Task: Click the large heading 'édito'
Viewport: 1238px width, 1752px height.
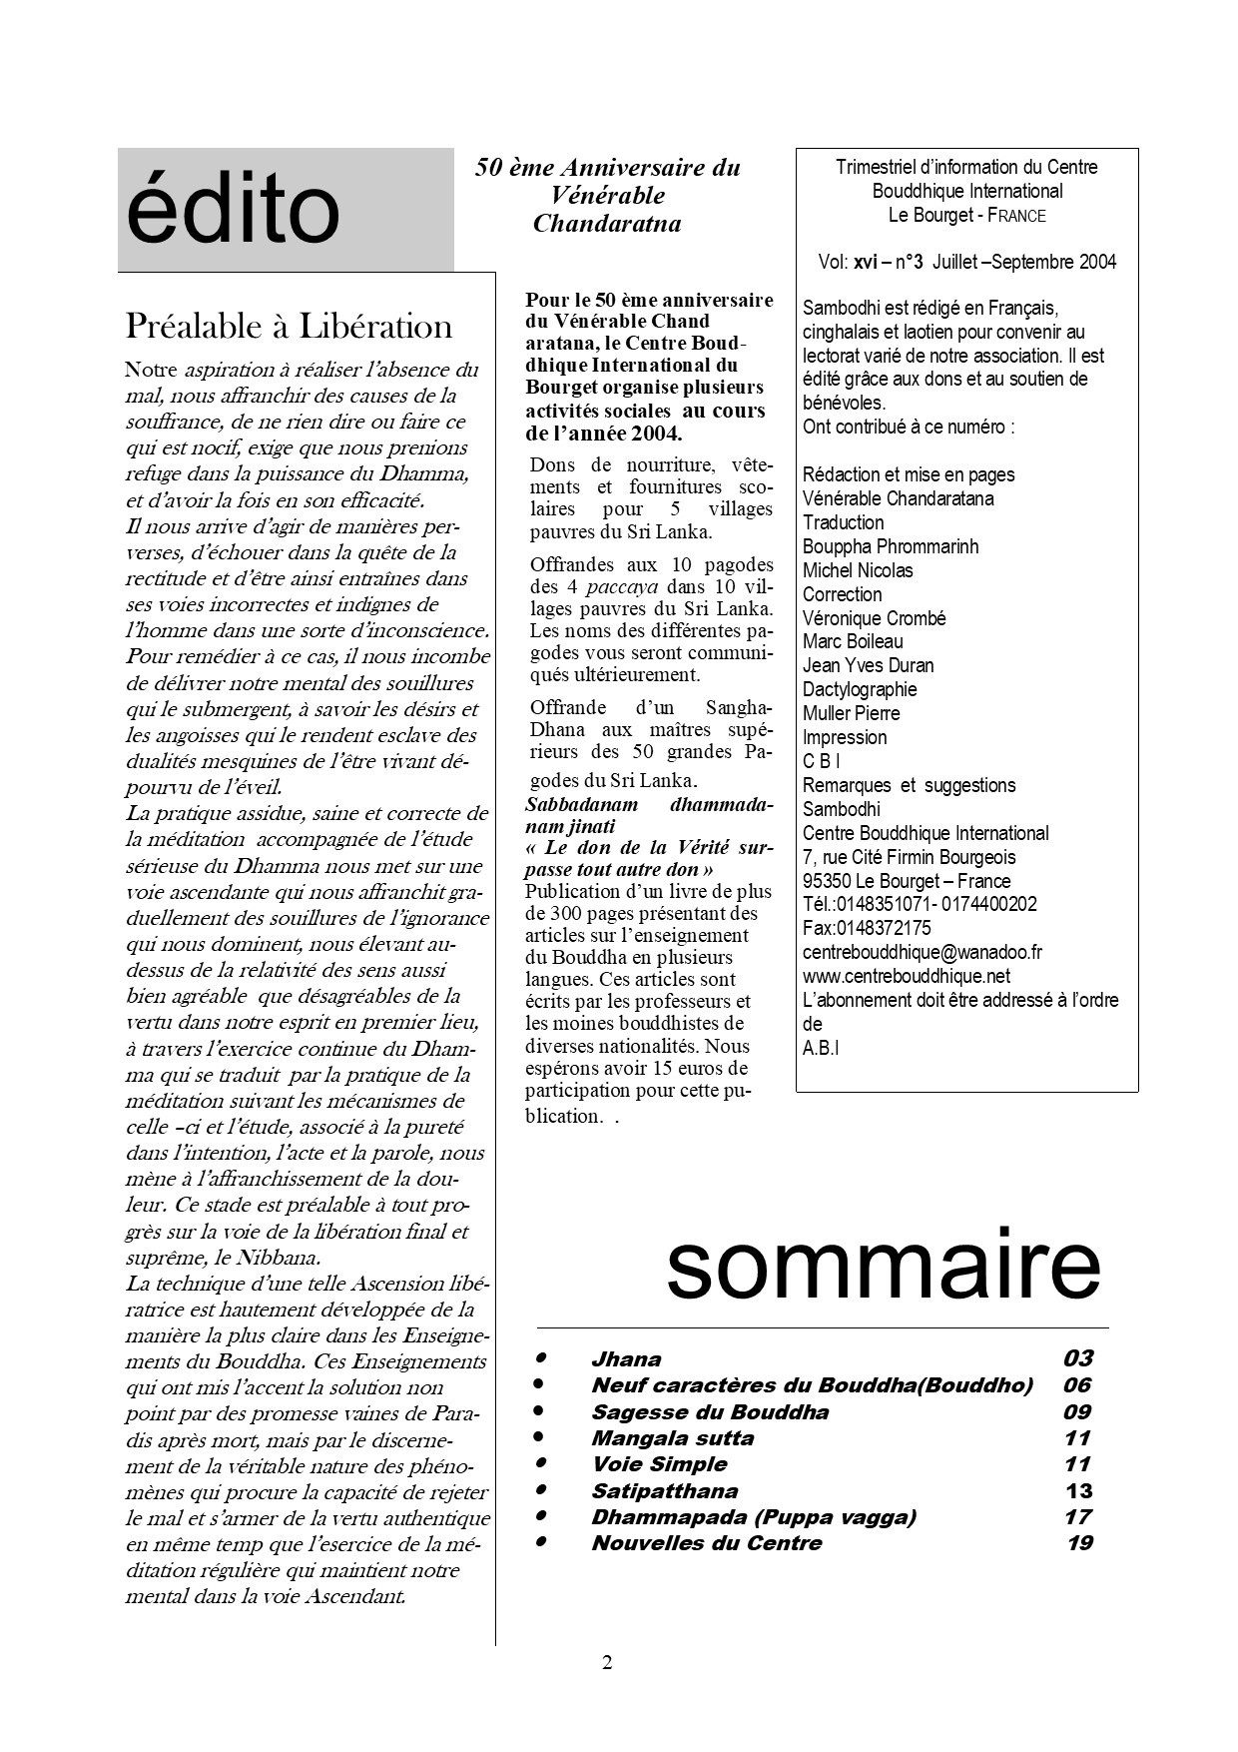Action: click(x=234, y=211)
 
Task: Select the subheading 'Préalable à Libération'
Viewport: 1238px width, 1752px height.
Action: click(x=289, y=327)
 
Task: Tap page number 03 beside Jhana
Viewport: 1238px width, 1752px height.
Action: click(x=1077, y=1358)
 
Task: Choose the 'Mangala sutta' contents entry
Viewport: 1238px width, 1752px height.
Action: click(x=672, y=1438)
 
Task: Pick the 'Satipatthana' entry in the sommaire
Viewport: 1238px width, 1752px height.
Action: click(x=664, y=1491)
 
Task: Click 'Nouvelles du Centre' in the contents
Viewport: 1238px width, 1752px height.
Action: click(x=706, y=1543)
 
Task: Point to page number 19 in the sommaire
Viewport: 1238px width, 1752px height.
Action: click(x=1079, y=1543)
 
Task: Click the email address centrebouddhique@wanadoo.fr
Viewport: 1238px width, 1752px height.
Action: click(x=922, y=952)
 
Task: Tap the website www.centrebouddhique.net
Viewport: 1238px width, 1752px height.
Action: click(x=906, y=976)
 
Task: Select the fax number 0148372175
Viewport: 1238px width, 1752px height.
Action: click(x=867, y=928)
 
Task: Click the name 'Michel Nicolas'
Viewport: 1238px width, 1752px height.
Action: click(x=858, y=570)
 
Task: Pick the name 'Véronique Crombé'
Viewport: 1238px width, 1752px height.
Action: click(x=874, y=618)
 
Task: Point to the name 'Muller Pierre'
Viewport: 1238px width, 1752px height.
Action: click(x=851, y=713)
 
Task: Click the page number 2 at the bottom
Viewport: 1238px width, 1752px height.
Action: click(x=607, y=1663)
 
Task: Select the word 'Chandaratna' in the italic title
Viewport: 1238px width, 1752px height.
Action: click(x=607, y=224)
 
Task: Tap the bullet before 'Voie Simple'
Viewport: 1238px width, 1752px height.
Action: click(x=540, y=1463)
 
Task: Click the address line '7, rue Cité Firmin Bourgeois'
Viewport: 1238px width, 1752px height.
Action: click(x=909, y=857)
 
